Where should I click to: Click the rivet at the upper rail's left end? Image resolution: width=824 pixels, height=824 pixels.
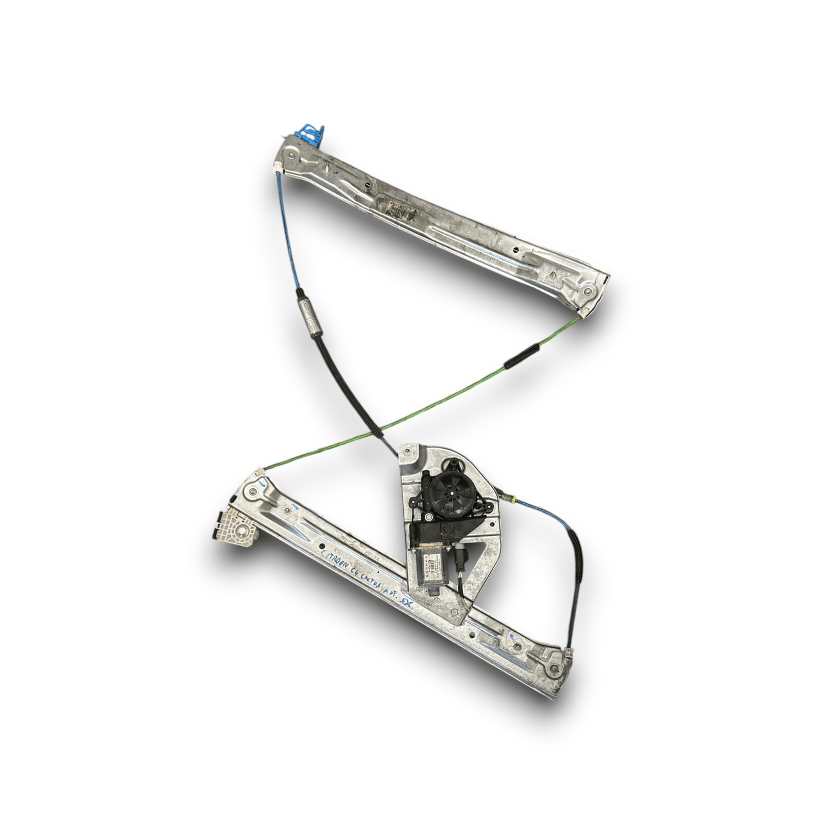(292, 155)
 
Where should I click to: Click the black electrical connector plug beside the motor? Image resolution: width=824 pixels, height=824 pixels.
(459, 559)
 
